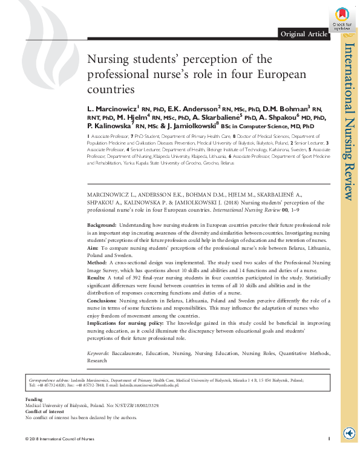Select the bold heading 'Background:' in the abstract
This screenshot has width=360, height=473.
tap(101, 224)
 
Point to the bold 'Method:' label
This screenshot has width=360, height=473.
tap(97, 264)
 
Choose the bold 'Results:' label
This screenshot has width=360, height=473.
tap(96, 279)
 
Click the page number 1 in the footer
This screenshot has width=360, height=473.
tap(327, 438)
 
